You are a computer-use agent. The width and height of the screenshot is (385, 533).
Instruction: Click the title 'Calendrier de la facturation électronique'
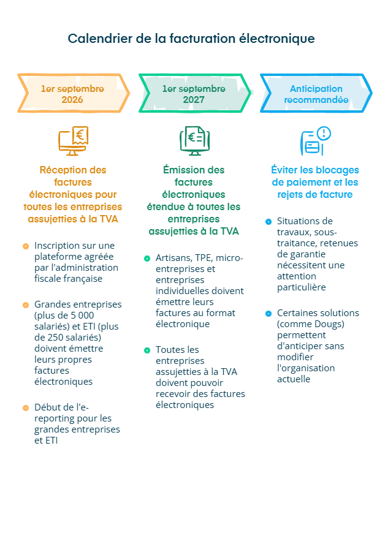tap(191, 39)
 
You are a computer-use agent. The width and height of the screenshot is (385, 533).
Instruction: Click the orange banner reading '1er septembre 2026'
tap(72, 94)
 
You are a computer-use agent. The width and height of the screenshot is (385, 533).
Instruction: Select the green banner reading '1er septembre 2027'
tap(194, 94)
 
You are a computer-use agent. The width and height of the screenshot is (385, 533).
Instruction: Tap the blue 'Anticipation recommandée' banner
tap(316, 94)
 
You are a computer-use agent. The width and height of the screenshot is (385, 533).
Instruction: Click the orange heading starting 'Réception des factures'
tap(73, 194)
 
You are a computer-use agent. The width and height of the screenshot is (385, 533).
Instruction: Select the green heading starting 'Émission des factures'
tap(194, 200)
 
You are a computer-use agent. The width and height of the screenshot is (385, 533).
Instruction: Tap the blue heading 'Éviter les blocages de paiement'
tap(315, 182)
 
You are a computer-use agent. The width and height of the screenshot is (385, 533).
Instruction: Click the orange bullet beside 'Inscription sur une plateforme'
tap(26, 246)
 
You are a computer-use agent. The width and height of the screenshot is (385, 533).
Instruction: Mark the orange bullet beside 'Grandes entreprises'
tap(26, 305)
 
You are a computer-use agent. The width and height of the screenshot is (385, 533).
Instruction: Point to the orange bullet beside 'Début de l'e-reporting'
tap(26, 408)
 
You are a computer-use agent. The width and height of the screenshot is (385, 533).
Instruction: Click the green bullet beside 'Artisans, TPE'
tap(147, 259)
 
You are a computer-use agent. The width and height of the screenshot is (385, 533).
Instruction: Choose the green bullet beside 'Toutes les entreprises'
tap(147, 350)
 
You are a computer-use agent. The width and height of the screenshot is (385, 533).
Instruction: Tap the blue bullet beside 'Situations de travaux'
tap(269, 221)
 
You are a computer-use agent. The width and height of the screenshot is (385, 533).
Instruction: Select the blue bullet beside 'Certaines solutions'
tap(269, 314)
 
